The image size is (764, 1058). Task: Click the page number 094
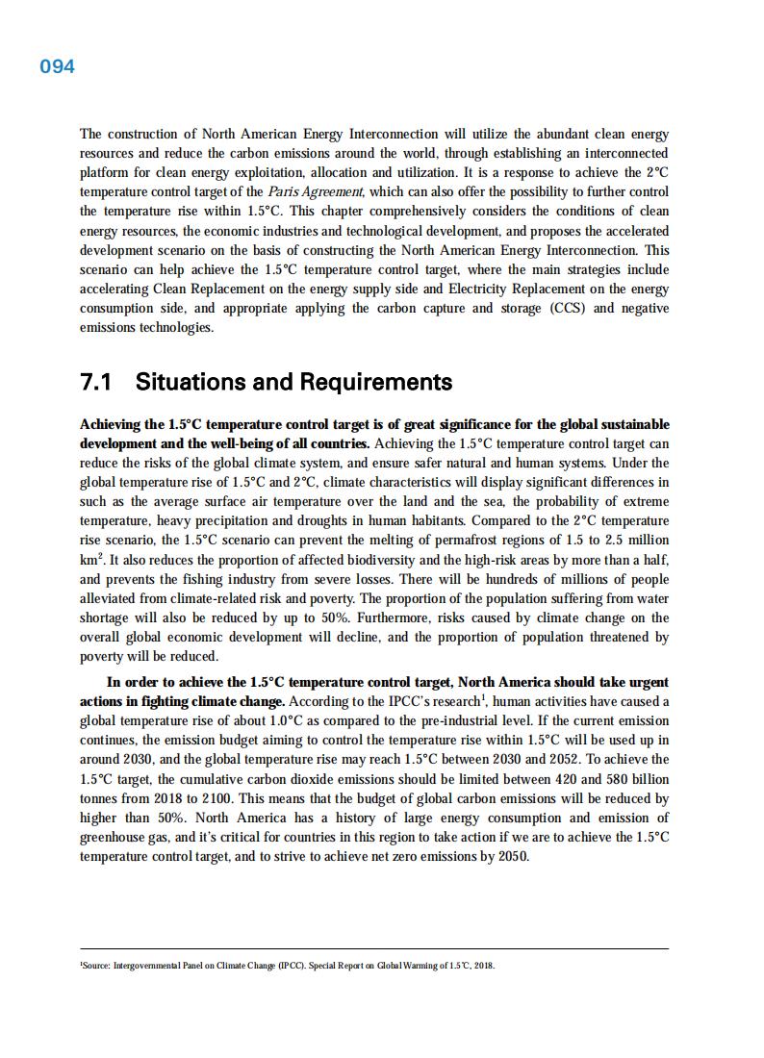point(57,66)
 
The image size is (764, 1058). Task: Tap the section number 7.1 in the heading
point(96,382)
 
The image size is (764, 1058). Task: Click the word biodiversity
point(347,559)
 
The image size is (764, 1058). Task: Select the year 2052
point(543,759)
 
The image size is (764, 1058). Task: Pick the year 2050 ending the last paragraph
point(512,856)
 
